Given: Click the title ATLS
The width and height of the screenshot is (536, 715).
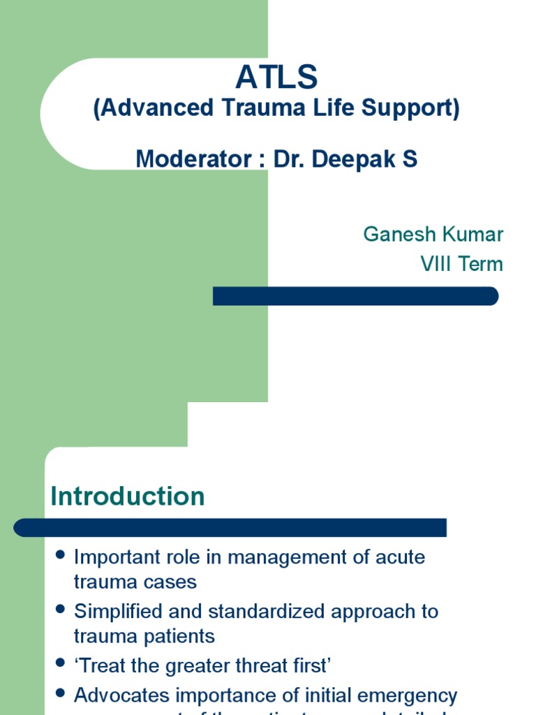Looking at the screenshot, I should tap(276, 78).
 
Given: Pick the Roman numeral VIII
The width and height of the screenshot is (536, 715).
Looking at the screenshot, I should tap(436, 265).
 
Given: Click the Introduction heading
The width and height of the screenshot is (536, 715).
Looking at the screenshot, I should tap(128, 496).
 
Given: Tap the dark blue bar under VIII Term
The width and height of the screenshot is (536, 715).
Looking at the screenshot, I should tap(355, 296).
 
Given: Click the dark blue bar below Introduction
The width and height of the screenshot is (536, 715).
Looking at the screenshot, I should tap(230, 527).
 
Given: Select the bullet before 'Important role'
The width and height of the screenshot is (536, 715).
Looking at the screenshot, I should tap(60, 555).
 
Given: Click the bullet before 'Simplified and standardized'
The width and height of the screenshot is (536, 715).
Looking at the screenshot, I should tap(60, 610).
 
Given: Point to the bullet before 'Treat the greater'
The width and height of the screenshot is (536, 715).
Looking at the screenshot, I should tap(60, 664).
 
